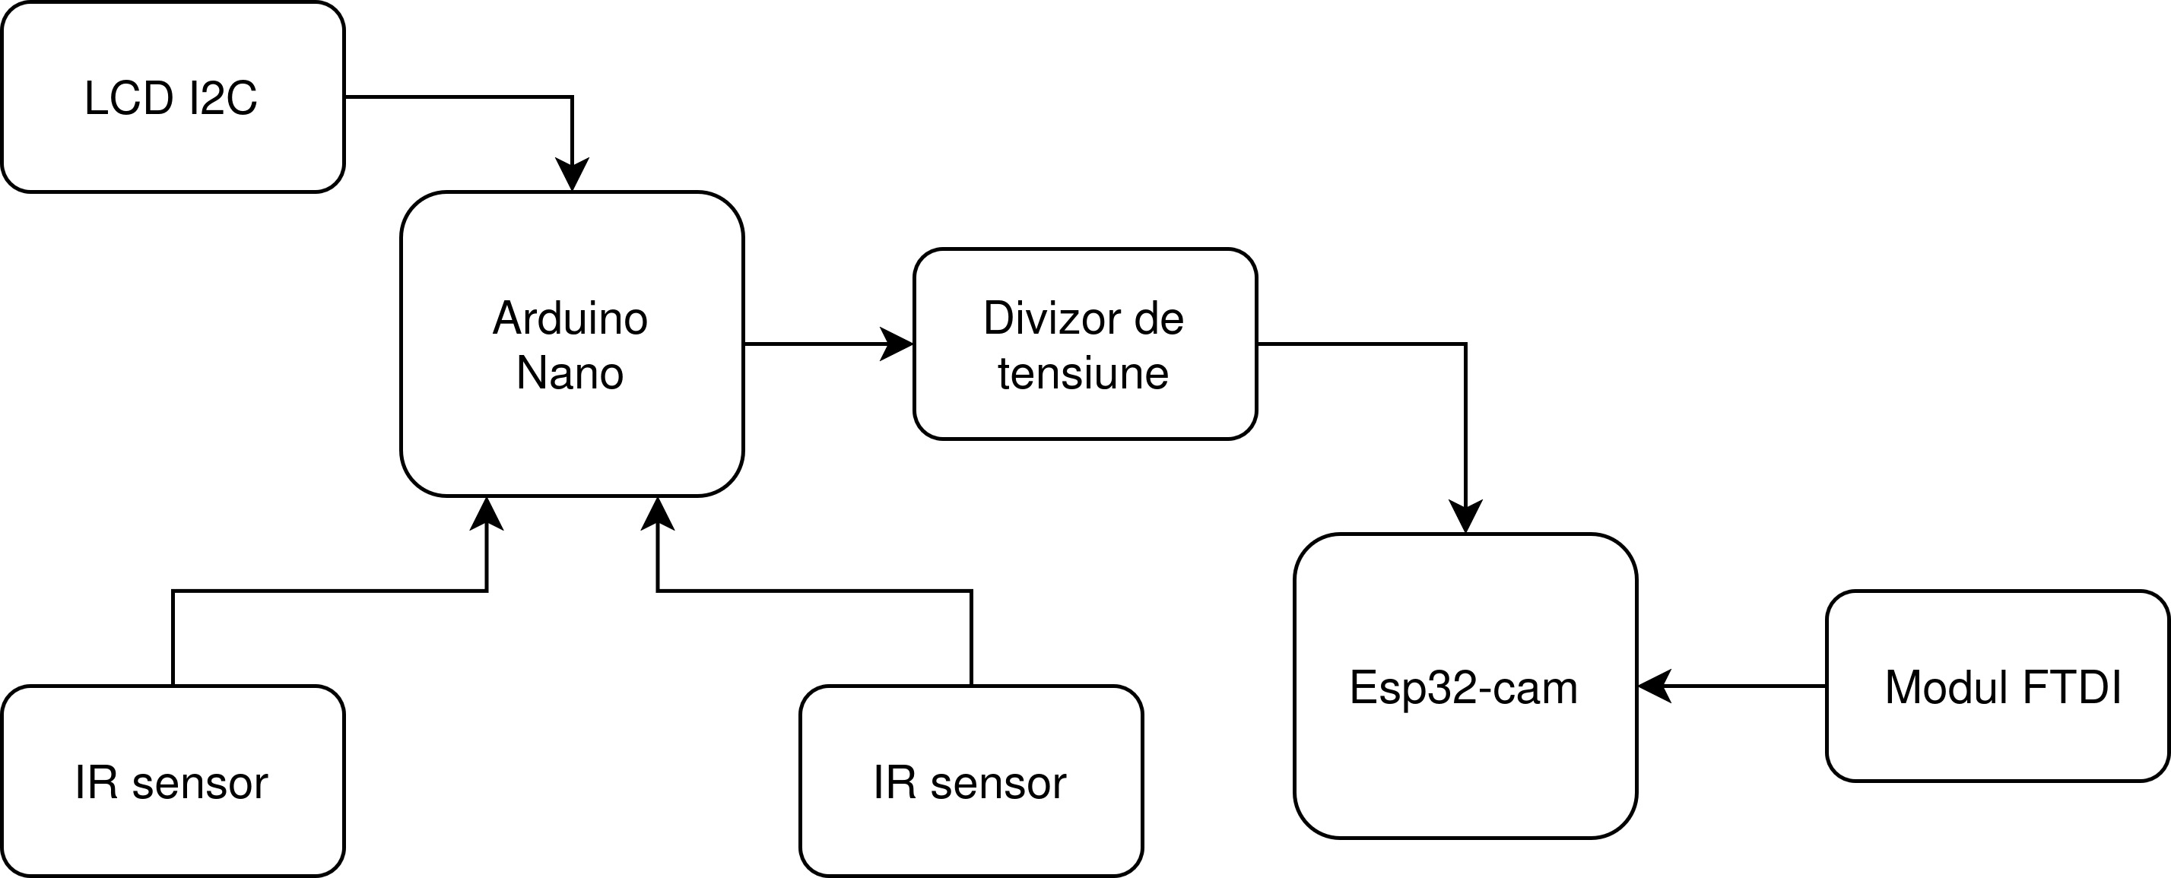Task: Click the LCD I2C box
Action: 173,97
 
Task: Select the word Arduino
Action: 570,319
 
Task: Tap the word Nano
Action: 570,372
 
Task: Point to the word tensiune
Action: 1083,372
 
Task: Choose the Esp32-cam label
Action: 1463,687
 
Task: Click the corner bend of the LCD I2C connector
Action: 573,97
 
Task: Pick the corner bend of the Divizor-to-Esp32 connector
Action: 1465,344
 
